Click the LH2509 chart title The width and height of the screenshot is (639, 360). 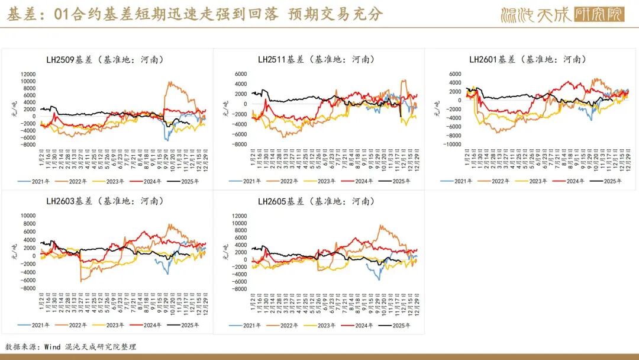(105, 59)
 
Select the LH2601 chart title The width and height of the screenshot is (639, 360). (527, 59)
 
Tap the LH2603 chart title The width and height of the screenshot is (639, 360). (105, 201)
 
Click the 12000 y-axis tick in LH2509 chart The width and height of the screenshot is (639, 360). (27, 74)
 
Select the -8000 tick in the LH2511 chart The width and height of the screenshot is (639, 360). (240, 143)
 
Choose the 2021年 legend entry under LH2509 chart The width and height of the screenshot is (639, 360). (34, 181)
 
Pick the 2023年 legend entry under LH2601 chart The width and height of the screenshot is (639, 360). (537, 181)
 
